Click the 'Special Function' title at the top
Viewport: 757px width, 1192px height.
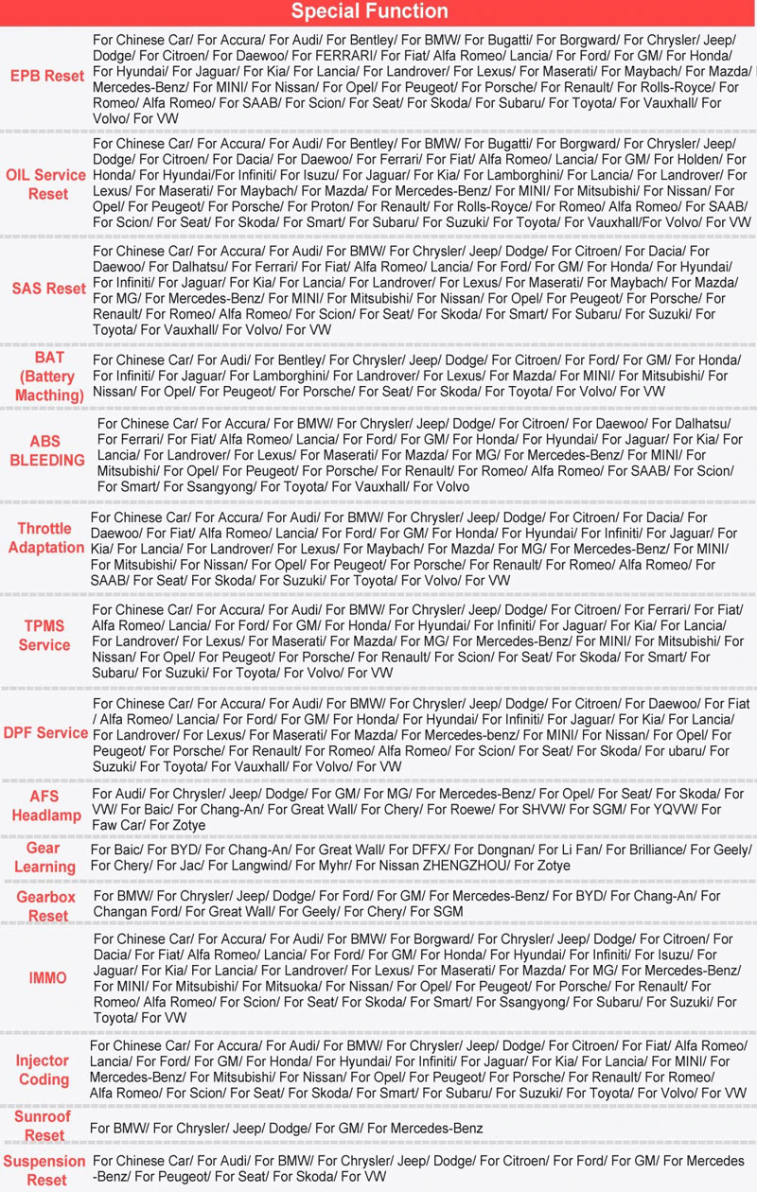369,12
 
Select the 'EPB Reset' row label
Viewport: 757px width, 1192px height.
46,76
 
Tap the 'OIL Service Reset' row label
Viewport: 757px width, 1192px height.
46,184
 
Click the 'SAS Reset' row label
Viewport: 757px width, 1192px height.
48,289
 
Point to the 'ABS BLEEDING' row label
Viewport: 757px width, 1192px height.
47,450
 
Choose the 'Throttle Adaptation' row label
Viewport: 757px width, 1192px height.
44,538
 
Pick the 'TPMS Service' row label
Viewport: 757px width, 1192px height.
44,635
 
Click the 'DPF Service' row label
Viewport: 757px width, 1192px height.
45,733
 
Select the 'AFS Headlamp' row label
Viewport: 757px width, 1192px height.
44,806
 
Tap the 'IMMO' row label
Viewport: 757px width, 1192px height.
47,978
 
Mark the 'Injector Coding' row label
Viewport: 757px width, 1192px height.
44,1070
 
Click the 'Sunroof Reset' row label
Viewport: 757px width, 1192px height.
44,1126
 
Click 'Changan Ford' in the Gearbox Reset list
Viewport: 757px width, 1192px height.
133,911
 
